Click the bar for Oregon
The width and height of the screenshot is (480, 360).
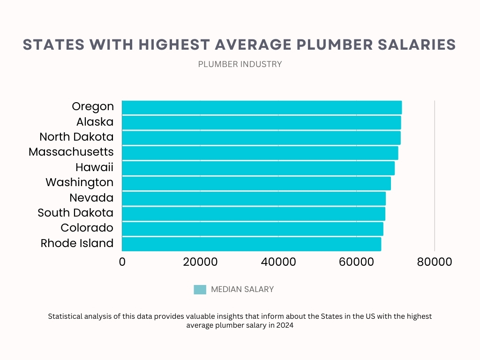[x=262, y=107]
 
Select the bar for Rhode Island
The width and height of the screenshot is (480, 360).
[x=251, y=244]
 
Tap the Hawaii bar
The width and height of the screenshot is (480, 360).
[x=258, y=168]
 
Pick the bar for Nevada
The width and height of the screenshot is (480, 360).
[x=254, y=198]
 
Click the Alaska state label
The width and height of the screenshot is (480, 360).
[x=95, y=122]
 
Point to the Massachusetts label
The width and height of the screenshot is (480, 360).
[x=71, y=152]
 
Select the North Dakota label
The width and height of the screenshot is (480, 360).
[x=76, y=137]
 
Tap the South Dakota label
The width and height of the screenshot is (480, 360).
[x=75, y=213]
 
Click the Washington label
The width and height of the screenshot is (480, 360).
[x=79, y=182]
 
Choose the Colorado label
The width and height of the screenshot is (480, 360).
[x=87, y=228]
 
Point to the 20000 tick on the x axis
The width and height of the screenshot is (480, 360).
[x=200, y=262]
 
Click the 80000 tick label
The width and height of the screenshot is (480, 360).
[x=435, y=262]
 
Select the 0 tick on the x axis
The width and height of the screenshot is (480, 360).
[x=122, y=262]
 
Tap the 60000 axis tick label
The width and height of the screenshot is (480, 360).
[x=356, y=262]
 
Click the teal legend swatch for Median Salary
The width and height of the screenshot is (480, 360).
[x=200, y=290]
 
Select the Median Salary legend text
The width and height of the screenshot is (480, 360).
[x=242, y=290]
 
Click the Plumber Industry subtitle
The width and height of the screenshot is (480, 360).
[x=240, y=64]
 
